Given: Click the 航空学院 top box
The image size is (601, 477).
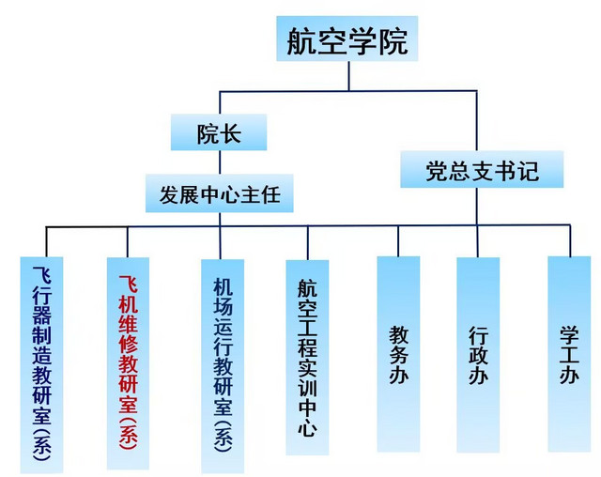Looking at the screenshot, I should [x=347, y=40].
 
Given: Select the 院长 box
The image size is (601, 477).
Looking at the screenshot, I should [x=219, y=132].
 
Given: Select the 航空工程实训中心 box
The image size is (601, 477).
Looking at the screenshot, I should [x=307, y=357].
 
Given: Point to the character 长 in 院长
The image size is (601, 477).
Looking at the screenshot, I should [x=231, y=132].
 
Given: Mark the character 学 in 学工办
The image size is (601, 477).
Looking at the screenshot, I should [x=569, y=333].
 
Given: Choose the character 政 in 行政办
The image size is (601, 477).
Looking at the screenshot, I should [x=478, y=358].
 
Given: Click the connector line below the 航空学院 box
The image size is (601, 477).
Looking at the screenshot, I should [x=348, y=77].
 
